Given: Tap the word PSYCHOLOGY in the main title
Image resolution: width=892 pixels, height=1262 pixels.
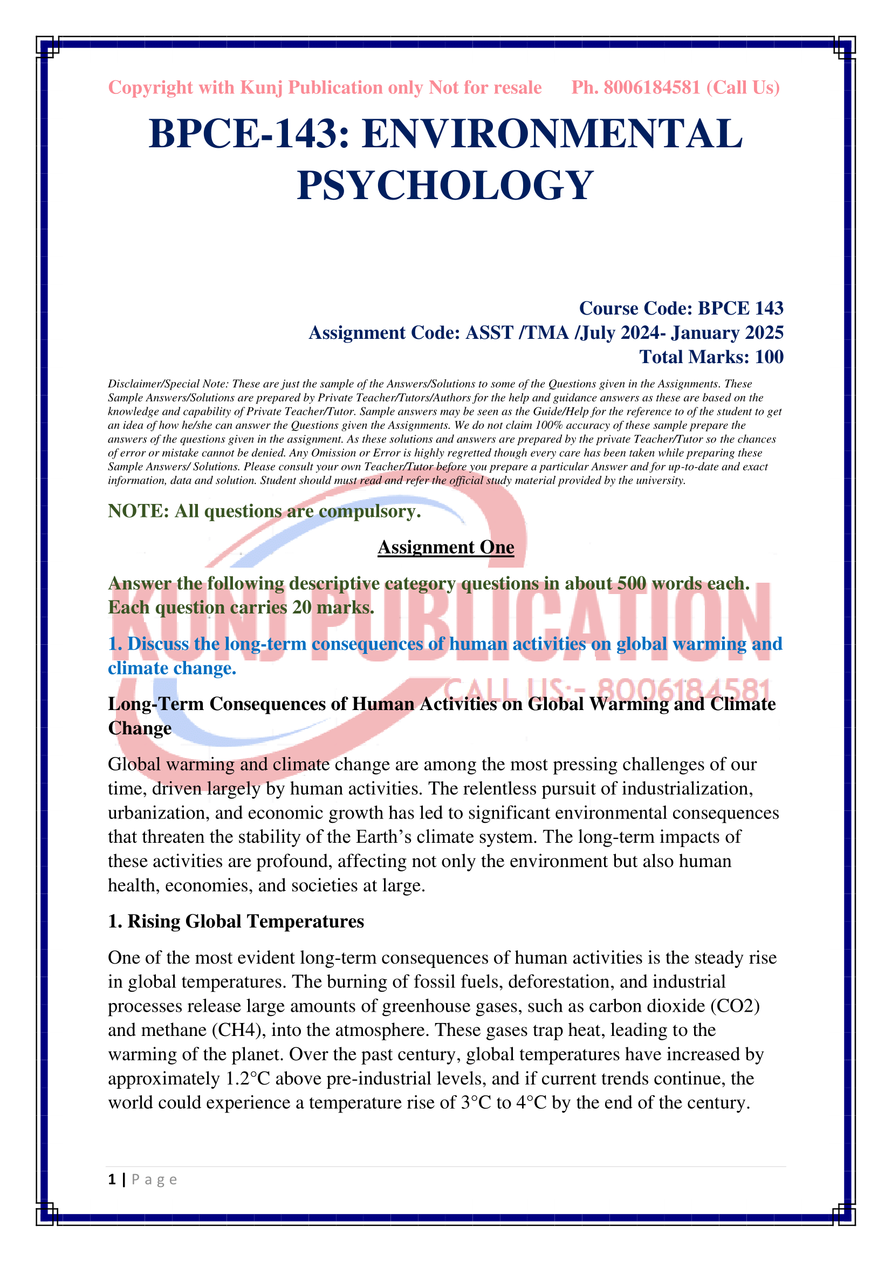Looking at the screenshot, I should point(445,185).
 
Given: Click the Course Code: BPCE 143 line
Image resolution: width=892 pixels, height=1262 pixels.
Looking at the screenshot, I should point(681,309).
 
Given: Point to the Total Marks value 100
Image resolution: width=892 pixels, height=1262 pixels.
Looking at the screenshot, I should point(769,357).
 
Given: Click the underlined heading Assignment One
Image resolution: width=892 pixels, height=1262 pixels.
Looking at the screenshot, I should point(445,548).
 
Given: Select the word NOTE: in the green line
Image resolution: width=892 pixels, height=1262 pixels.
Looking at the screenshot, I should point(139,511).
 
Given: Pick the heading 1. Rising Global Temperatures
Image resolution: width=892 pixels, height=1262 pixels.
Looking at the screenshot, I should point(236,921).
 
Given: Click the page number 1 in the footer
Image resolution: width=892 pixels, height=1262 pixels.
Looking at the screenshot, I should point(112,1179).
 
